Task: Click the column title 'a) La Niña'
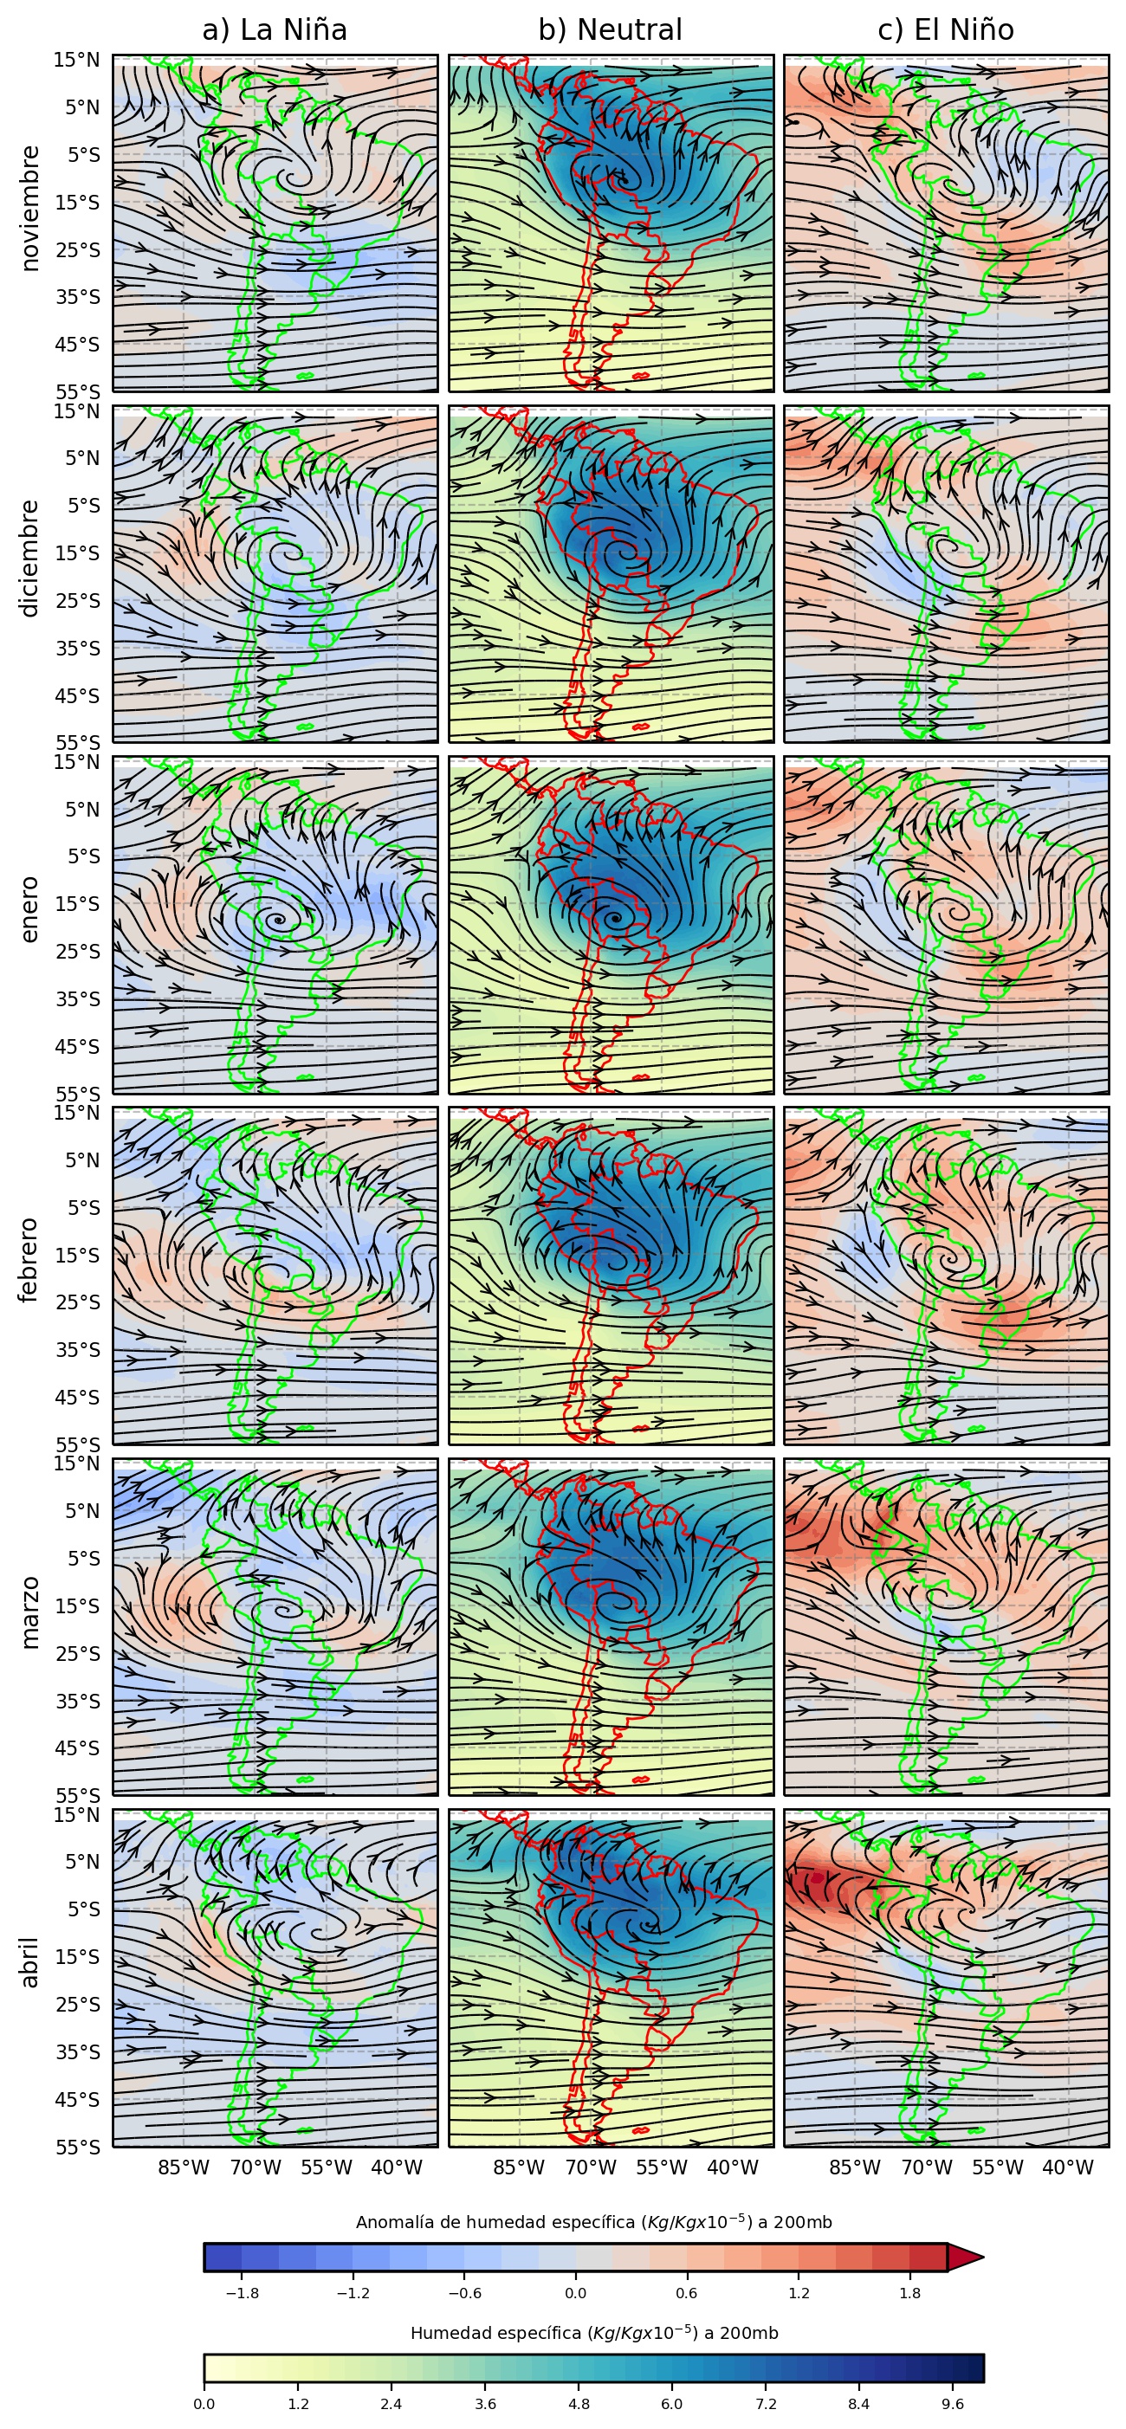[275, 30]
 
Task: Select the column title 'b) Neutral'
[610, 30]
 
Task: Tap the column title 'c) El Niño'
[946, 30]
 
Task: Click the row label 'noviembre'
[30, 209]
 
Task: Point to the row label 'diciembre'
[30, 559]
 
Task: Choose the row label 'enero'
[30, 909]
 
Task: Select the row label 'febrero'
[30, 1261]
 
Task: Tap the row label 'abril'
[30, 1962]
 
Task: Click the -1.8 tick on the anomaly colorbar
[243, 2293]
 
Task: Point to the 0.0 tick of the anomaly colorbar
[575, 2293]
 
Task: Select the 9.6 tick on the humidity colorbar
[953, 2404]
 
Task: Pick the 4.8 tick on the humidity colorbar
[579, 2404]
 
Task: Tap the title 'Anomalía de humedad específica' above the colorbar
[593, 2223]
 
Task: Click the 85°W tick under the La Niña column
[184, 2167]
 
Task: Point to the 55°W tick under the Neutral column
[662, 2167]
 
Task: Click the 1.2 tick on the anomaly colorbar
[799, 2293]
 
